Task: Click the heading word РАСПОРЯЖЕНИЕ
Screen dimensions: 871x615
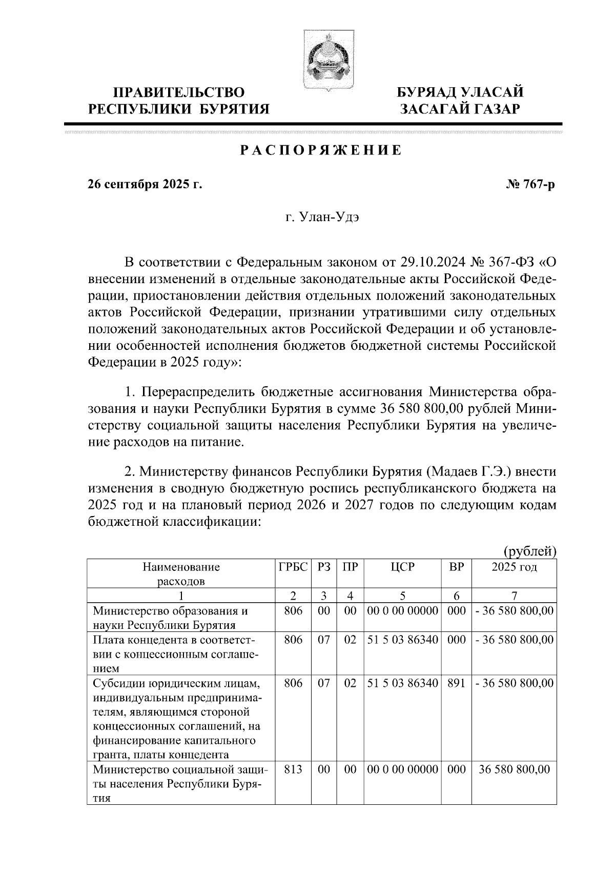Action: point(321,151)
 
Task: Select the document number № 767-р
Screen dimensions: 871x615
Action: point(530,184)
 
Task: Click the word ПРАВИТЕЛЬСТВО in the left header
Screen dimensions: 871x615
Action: point(179,93)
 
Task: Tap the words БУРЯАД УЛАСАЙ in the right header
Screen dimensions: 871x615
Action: point(461,93)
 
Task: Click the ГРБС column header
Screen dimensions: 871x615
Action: point(293,567)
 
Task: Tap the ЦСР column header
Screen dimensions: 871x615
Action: point(402,567)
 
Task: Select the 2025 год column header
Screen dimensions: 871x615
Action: point(514,567)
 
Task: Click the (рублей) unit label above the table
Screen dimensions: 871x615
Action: point(529,551)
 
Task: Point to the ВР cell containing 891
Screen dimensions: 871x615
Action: point(456,683)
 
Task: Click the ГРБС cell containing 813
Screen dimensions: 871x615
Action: point(293,769)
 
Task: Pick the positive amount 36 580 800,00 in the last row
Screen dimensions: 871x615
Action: point(514,769)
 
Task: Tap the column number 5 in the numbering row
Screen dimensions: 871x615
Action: point(402,596)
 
